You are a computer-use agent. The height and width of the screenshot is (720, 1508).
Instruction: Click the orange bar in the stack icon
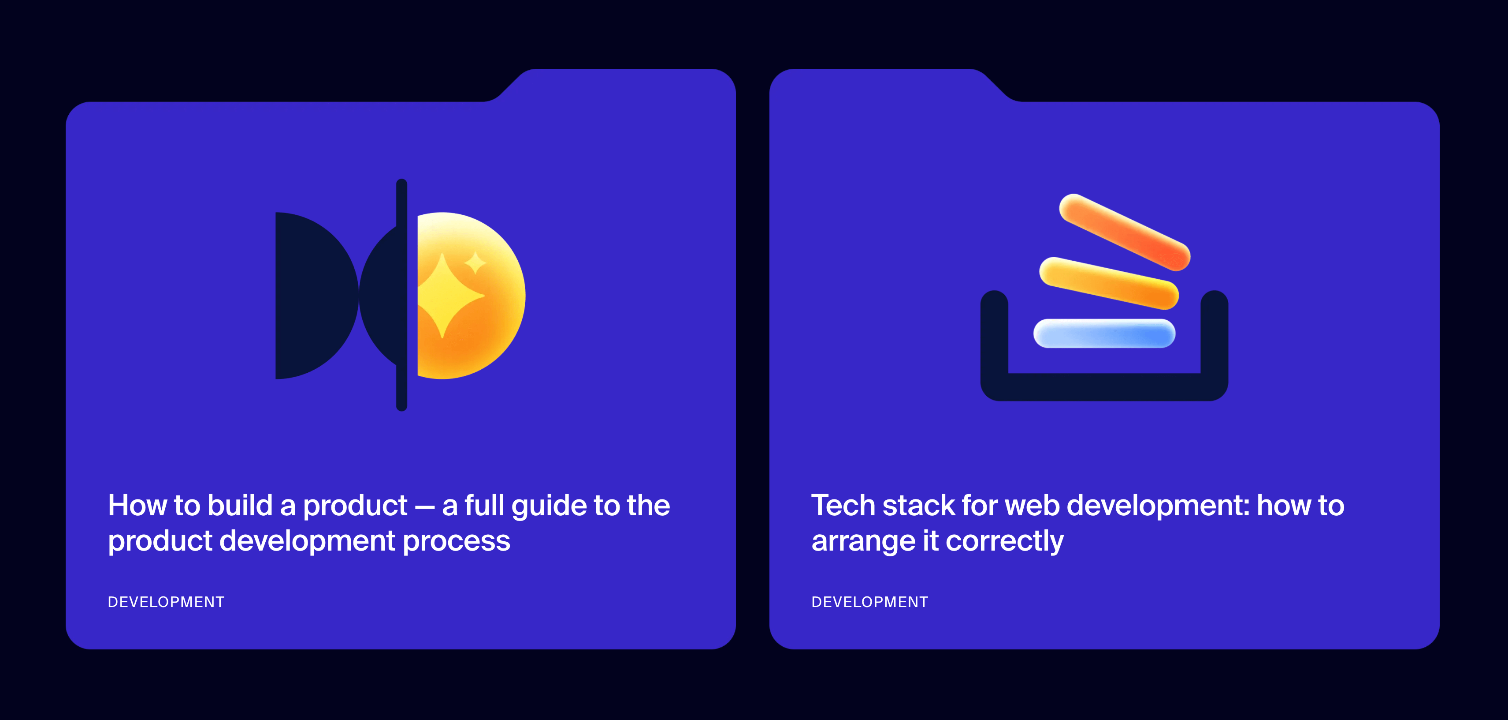1125,232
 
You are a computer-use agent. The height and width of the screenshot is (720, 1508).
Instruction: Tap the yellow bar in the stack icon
1109,283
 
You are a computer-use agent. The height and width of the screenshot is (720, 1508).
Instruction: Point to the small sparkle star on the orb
475,262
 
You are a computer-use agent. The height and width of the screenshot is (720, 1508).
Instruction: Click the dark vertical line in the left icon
401,295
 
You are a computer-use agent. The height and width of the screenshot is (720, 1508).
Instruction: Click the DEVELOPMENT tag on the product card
166,602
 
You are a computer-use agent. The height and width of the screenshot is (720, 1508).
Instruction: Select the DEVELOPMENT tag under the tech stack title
870,602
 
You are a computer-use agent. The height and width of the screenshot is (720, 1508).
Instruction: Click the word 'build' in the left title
240,505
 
